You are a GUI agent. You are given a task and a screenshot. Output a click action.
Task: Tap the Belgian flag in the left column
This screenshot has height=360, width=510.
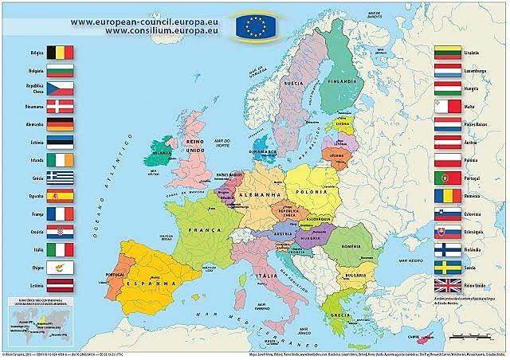coord(60,53)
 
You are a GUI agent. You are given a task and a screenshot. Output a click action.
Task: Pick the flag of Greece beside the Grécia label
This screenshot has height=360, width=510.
coord(60,178)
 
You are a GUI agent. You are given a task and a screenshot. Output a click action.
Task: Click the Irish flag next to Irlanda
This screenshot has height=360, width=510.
coord(60,159)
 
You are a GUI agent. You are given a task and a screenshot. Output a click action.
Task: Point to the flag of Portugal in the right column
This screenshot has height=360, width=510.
coord(448,178)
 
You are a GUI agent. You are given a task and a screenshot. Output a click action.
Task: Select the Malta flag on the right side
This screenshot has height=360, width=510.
coord(448,106)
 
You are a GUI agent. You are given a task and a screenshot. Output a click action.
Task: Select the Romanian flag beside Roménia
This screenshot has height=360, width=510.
coord(448,196)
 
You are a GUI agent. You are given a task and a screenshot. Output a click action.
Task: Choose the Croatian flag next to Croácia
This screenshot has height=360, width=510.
coord(60,232)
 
